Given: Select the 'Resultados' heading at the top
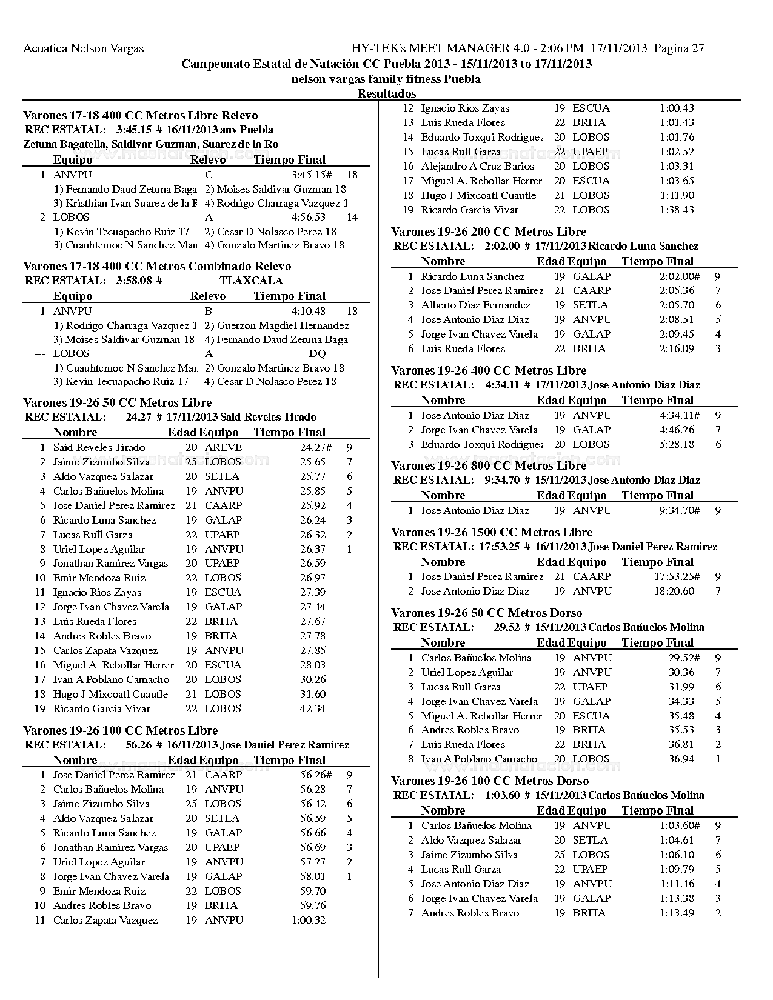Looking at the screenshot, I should point(387,94).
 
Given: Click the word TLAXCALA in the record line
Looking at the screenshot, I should point(251,281).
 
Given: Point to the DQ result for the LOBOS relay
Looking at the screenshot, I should point(317,354).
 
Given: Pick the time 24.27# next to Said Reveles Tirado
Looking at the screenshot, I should point(316,448).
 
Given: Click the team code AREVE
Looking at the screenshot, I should point(223,448).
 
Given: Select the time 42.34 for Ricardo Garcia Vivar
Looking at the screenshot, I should point(313,709).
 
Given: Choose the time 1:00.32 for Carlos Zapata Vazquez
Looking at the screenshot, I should point(309,921).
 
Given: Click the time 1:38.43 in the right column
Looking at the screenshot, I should point(677,210).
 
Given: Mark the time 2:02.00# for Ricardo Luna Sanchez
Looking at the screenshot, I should point(680,276).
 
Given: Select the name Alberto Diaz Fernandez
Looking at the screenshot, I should point(476,305).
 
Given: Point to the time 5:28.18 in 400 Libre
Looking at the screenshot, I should point(677,445).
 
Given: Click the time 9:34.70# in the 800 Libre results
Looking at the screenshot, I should point(680,511).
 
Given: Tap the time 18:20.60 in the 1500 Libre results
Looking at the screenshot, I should point(674,592).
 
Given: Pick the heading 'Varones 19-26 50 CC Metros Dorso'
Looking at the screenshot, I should point(487,613).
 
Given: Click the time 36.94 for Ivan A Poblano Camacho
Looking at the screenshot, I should point(681,759).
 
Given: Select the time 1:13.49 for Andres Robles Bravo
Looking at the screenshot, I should point(677,913).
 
